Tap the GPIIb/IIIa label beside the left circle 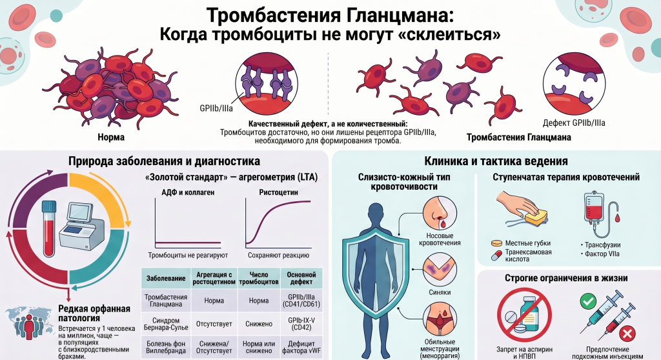click(x=216, y=108)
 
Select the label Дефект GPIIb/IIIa click(x=574, y=123)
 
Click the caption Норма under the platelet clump click(x=111, y=137)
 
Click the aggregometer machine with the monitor click(x=81, y=226)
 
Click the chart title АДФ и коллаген click(x=188, y=192)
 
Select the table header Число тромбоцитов click(x=259, y=278)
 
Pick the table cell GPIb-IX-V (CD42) click(x=301, y=324)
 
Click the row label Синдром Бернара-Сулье click(x=166, y=324)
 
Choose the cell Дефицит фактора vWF click(x=301, y=347)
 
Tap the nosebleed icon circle click(x=440, y=214)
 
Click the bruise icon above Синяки click(x=440, y=270)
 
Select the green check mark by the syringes click(x=588, y=301)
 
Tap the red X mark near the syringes click(x=627, y=334)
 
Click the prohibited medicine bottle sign click(x=524, y=314)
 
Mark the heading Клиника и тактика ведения click(x=496, y=161)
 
